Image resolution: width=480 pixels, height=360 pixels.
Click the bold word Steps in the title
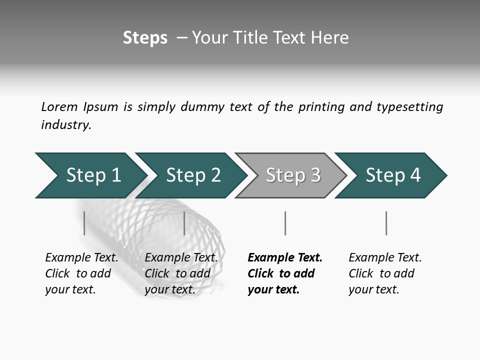tap(145, 38)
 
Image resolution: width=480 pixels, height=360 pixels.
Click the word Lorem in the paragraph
tap(59, 107)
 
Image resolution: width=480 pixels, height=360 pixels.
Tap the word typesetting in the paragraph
tap(409, 107)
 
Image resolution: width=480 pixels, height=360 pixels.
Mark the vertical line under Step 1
tap(84, 223)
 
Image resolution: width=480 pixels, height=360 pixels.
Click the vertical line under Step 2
tap(184, 223)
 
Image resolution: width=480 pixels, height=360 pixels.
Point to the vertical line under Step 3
tap(285, 223)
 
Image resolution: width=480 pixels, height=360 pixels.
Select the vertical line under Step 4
tap(386, 223)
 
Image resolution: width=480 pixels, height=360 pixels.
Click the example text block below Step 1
tap(81, 273)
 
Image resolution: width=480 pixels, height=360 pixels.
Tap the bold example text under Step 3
tap(285, 273)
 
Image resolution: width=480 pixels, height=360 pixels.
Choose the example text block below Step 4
tap(385, 273)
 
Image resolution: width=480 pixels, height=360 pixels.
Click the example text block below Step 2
tap(181, 273)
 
